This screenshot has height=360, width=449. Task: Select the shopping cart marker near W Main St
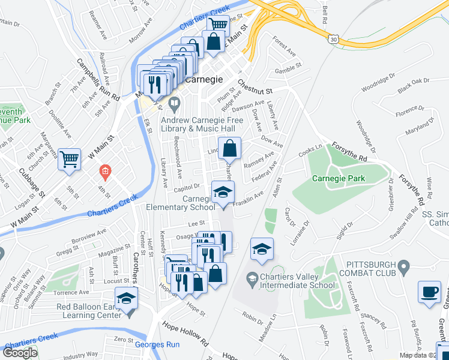coord(70,159)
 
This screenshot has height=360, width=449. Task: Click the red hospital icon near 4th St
coord(105,173)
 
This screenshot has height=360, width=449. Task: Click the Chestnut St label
coord(255,86)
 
